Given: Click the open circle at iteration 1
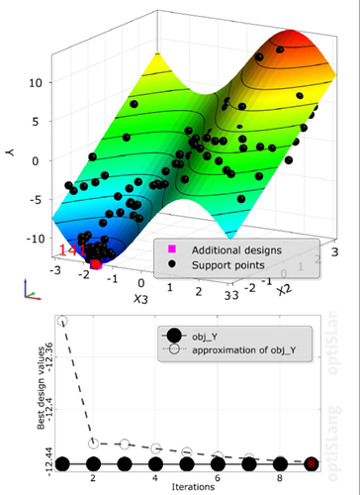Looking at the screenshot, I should (x=63, y=322).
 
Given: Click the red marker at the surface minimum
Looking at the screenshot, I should (x=96, y=264).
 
